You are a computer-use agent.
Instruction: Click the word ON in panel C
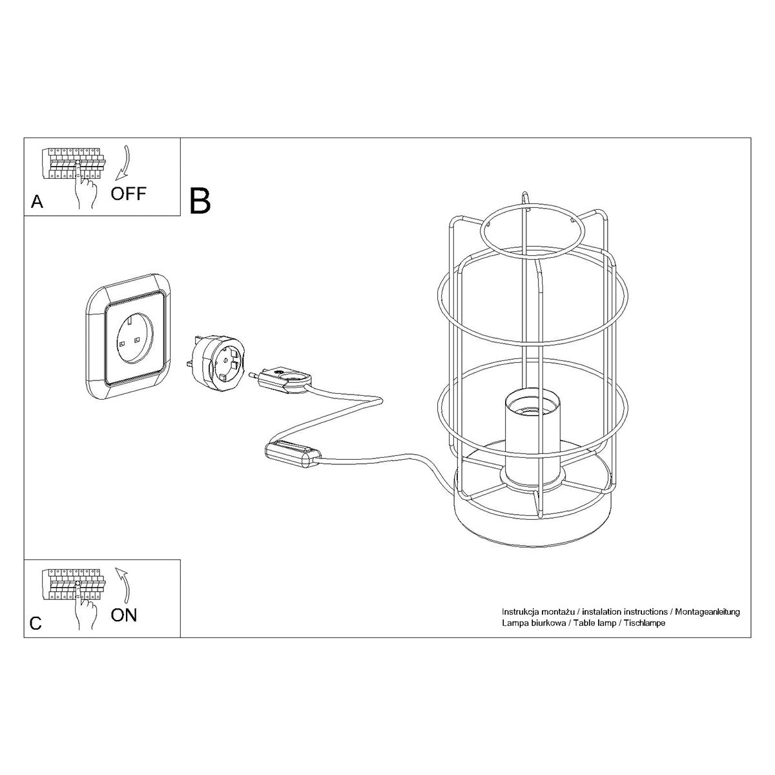tap(124, 614)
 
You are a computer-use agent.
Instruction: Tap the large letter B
tap(200, 200)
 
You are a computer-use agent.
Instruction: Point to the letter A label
tap(37, 202)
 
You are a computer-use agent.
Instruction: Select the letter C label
tap(36, 623)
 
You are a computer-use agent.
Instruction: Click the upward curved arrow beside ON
tap(123, 583)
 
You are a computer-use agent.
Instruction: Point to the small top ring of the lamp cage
tap(529, 230)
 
